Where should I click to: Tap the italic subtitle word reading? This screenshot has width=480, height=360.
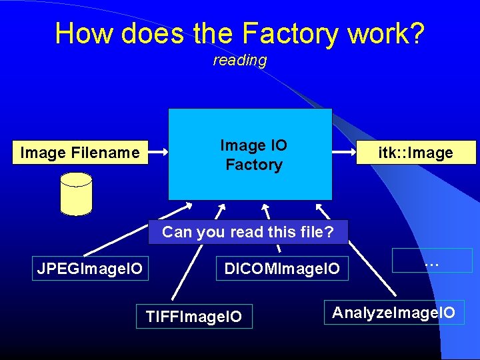point(240,61)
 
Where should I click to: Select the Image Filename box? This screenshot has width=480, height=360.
point(81,153)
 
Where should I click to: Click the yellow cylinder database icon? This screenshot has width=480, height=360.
point(76,194)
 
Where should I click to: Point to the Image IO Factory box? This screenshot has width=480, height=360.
point(250,154)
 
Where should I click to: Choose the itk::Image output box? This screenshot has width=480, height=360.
point(416,153)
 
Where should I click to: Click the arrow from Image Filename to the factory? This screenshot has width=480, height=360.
point(157,153)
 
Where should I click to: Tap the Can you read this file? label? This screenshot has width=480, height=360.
point(247,232)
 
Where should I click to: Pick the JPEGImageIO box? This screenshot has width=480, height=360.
point(90,268)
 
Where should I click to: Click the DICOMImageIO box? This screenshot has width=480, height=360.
point(282,268)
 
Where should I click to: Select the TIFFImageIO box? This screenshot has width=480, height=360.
point(194,316)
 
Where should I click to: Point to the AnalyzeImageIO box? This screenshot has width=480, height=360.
point(393,312)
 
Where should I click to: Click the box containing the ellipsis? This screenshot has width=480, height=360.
point(432,260)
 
